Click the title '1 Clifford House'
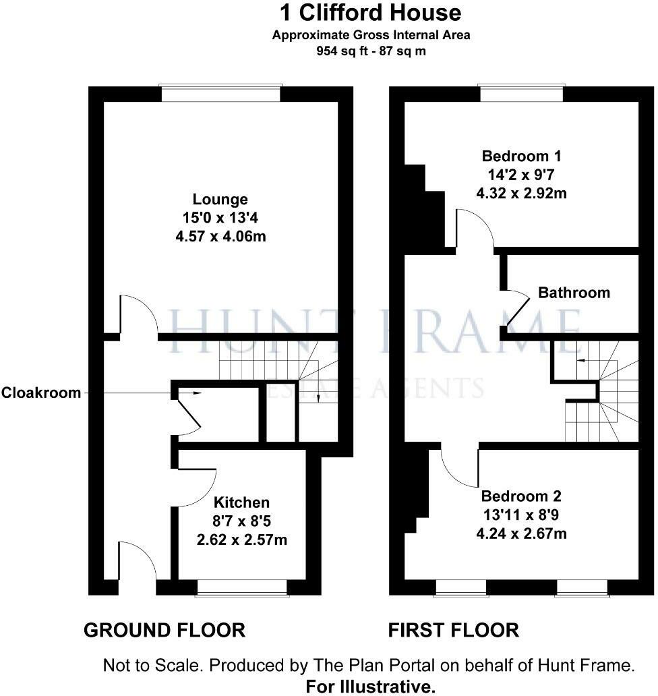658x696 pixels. (x=371, y=13)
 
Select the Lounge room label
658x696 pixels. (x=220, y=200)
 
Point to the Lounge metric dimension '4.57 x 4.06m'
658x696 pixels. (x=220, y=237)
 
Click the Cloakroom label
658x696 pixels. (x=41, y=393)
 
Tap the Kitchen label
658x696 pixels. (x=241, y=502)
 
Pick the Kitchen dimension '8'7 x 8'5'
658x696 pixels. (x=241, y=521)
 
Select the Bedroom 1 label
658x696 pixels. (x=521, y=156)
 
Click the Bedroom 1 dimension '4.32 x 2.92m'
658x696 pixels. (x=521, y=194)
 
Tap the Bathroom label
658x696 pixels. (x=574, y=293)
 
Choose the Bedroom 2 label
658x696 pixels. (x=521, y=497)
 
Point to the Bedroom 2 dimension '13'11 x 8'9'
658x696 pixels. (x=521, y=516)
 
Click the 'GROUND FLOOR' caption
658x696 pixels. (x=164, y=631)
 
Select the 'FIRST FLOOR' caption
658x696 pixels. (x=454, y=631)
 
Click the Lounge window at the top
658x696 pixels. (x=220, y=93)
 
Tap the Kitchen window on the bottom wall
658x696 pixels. (x=241, y=588)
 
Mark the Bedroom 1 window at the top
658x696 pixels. (x=521, y=93)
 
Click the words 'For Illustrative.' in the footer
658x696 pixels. (x=371, y=687)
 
